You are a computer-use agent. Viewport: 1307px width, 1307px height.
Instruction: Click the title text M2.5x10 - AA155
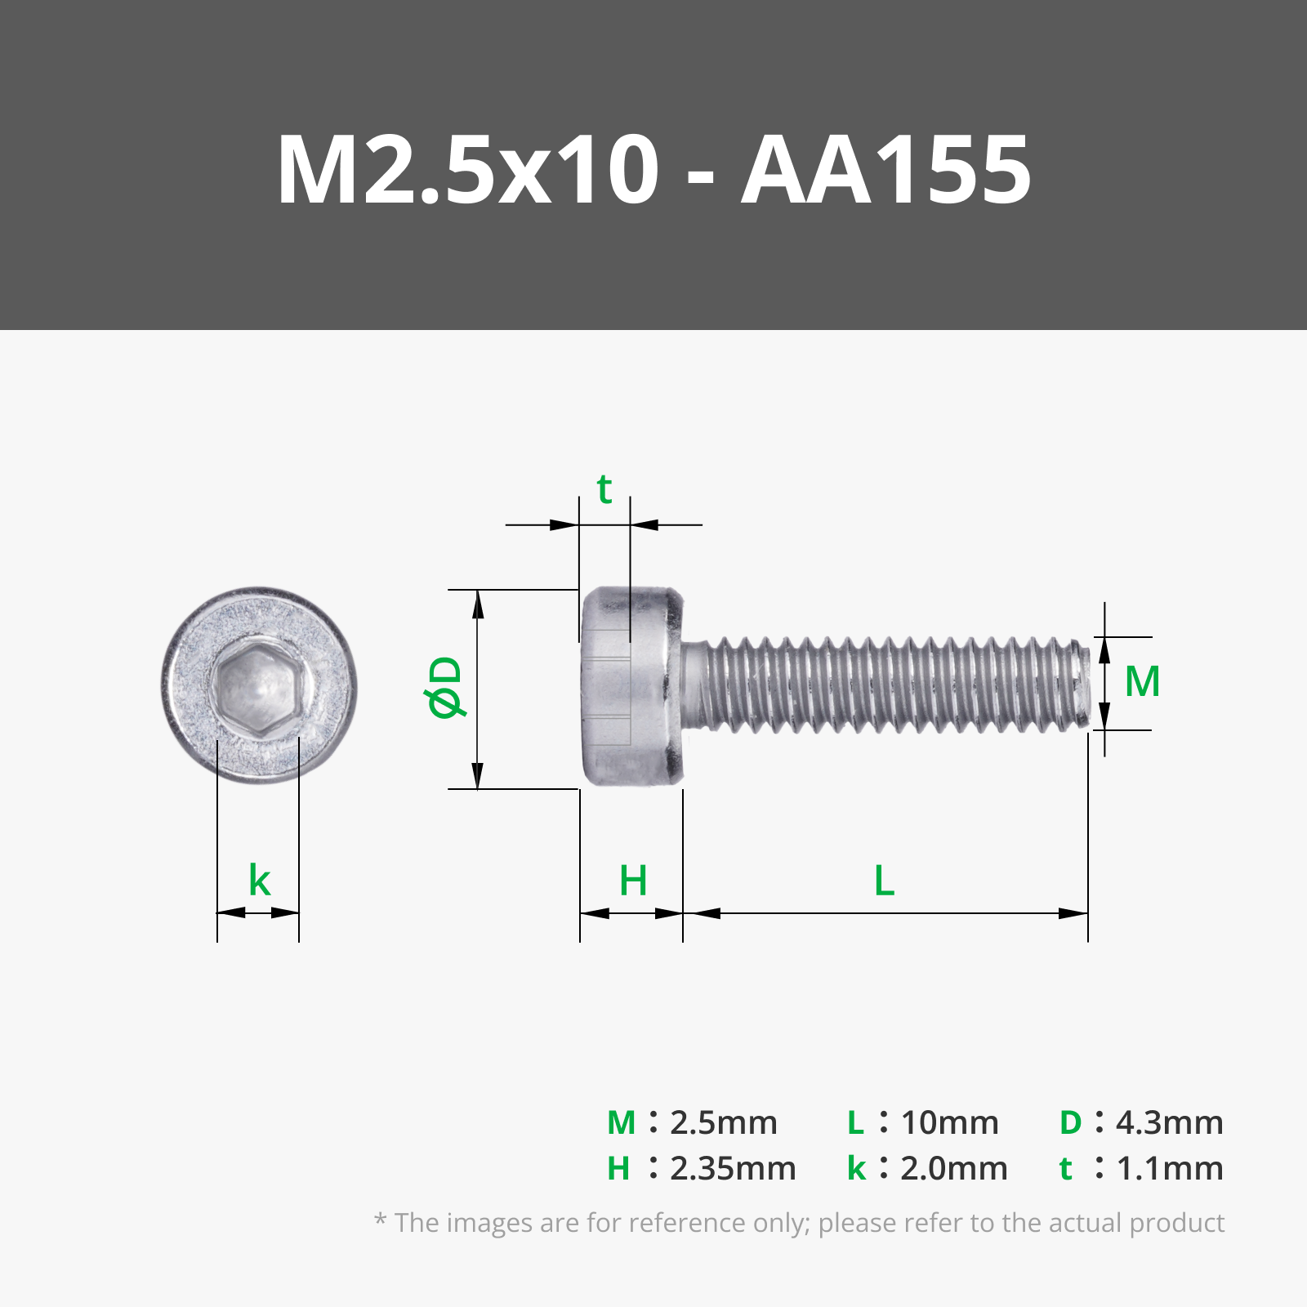coord(653,170)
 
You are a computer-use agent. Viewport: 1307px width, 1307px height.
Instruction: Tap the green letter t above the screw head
coord(604,490)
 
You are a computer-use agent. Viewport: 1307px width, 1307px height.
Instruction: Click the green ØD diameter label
coord(446,687)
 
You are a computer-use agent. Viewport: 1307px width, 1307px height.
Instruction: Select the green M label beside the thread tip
coord(1142,682)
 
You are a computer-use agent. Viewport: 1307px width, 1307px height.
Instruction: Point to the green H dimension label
coord(633,881)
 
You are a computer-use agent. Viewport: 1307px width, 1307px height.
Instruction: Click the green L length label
coord(885,881)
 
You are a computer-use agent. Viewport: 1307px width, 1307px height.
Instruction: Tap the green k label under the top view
coord(259,881)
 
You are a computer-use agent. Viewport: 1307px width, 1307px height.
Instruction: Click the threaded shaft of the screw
coord(882,685)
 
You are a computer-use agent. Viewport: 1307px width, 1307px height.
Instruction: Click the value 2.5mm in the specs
coord(723,1123)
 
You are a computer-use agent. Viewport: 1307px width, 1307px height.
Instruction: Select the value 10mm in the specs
coord(949,1123)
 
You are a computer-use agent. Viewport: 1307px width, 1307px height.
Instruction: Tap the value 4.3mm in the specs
coord(1169,1123)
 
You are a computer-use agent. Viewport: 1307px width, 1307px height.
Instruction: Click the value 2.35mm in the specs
coord(732,1169)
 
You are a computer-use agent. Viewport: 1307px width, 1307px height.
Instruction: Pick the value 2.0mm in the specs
coord(953,1169)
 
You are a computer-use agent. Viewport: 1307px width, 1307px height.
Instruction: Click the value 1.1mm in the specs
coord(1169,1169)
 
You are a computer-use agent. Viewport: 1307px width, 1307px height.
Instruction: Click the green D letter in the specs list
coord(1070,1123)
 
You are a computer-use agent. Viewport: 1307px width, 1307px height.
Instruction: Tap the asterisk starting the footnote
coord(380,1220)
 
